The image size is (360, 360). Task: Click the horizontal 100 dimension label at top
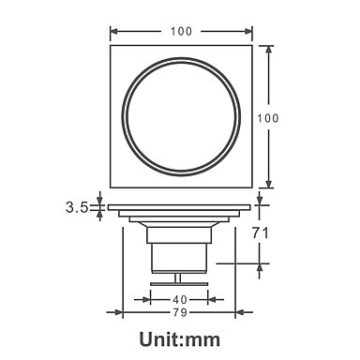pos(181,31)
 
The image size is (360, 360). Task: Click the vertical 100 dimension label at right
pos(268,118)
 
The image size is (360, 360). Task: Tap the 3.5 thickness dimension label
pos(77,207)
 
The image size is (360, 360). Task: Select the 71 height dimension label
pos(261,232)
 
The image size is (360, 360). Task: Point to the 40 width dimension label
pos(180,300)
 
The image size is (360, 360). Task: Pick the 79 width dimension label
pos(180,312)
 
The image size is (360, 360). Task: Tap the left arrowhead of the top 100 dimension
pos(113,31)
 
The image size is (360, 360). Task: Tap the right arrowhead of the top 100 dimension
pos(248,31)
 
